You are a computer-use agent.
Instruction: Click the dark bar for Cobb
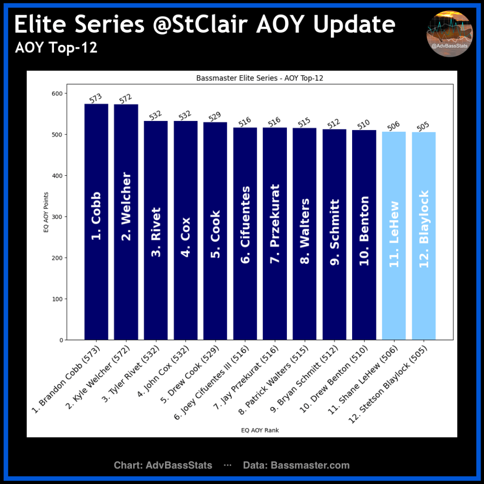96,222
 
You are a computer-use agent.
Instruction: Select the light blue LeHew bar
394,236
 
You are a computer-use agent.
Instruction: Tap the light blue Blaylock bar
424,236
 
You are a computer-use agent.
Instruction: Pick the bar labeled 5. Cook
215,231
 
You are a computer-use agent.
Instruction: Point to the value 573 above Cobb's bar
95,98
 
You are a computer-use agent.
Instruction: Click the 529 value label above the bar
215,116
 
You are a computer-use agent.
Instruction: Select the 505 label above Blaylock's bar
423,126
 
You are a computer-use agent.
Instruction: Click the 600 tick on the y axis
57,94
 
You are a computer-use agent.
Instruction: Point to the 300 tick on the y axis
57,216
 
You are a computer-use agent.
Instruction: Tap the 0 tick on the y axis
61,340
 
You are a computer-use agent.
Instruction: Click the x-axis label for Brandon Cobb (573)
66,380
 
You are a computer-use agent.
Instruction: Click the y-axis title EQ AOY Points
46,212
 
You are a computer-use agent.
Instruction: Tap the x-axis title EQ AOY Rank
260,430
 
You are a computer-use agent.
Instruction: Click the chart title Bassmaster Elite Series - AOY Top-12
259,78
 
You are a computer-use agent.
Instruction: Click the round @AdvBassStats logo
449,34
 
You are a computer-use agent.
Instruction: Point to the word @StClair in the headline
200,24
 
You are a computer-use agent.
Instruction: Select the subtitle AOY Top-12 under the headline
56,48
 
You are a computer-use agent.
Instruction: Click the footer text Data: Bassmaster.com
296,465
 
